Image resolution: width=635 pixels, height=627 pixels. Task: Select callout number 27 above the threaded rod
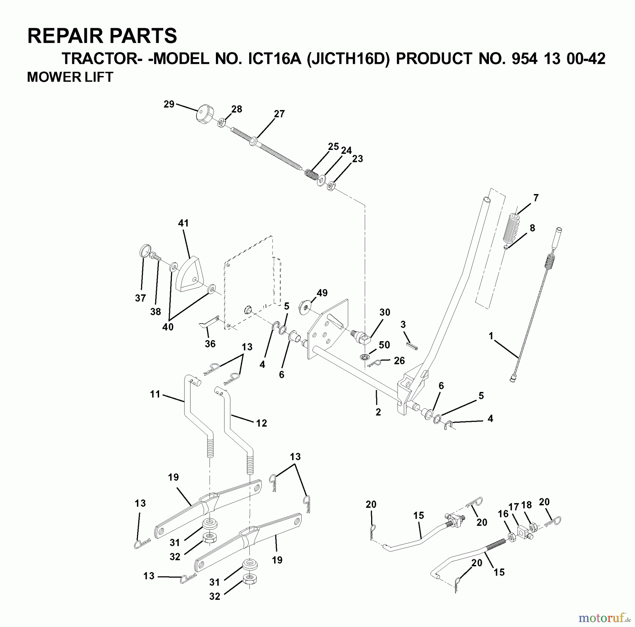pos(279,114)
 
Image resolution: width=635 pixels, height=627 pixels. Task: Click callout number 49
pos(322,293)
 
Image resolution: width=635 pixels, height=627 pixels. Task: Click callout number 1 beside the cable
pos(491,336)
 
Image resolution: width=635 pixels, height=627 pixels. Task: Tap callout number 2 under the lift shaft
pos(378,412)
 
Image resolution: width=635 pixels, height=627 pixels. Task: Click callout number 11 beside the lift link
pos(155,394)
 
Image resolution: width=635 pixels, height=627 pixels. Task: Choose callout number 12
pos(261,423)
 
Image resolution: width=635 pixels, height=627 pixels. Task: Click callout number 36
pos(210,344)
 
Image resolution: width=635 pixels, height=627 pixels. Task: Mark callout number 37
pos(140,298)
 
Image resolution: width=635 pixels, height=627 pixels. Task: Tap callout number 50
pos(384,345)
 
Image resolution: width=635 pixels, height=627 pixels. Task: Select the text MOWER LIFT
pos(70,77)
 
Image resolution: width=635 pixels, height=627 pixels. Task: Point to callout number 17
pos(514,507)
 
